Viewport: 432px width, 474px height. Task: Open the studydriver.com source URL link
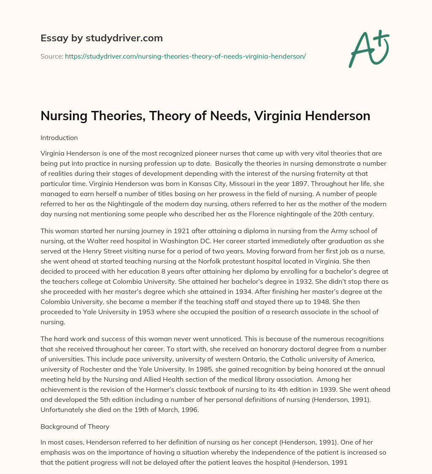(x=185, y=56)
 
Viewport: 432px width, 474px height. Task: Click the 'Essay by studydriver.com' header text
(x=101, y=38)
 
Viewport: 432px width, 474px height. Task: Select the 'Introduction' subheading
(x=59, y=137)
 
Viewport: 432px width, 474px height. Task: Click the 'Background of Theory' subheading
(x=75, y=426)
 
